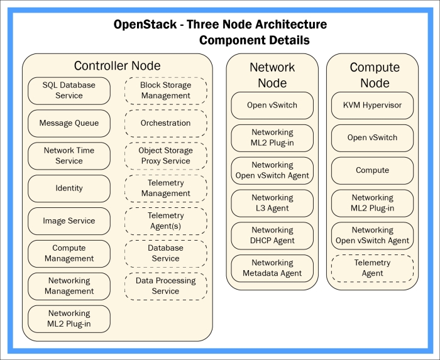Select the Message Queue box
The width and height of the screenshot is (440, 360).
click(69, 123)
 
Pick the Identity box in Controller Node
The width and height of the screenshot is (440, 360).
click(69, 188)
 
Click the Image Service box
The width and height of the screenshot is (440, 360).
click(69, 221)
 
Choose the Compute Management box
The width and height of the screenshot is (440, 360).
click(69, 253)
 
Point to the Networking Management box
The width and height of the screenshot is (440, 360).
click(69, 286)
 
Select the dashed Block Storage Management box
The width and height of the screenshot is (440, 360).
click(165, 90)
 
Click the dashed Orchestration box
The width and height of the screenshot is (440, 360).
click(165, 123)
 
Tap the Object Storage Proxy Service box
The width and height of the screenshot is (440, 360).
click(165, 156)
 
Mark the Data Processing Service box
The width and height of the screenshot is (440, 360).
click(165, 286)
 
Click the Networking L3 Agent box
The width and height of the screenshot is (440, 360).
click(272, 202)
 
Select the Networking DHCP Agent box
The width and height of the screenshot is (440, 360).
click(272, 235)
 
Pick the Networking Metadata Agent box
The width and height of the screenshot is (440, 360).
click(272, 268)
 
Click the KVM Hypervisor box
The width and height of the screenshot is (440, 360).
click(373, 105)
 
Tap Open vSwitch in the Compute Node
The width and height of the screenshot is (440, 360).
click(373, 138)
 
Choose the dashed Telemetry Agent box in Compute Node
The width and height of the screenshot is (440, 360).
click(373, 268)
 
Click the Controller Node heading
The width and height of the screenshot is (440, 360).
click(117, 66)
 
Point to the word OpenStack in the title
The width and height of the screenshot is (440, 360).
click(141, 25)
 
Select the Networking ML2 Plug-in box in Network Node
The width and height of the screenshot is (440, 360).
click(272, 138)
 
